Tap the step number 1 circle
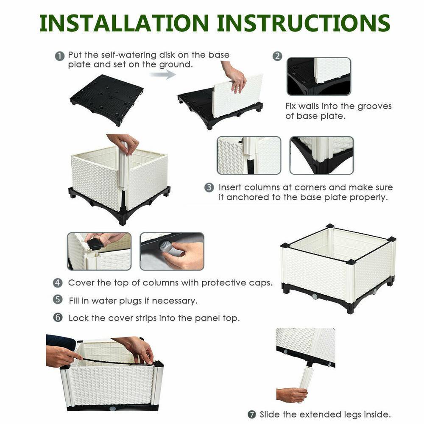(60, 56)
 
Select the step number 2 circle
(277, 56)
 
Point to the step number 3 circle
(209, 187)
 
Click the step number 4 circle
(58, 283)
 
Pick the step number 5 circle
(58, 300)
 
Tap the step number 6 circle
(58, 317)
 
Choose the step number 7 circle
(252, 414)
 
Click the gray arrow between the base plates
(163, 75)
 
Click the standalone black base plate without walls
(106, 97)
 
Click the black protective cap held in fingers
(95, 244)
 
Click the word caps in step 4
(260, 283)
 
